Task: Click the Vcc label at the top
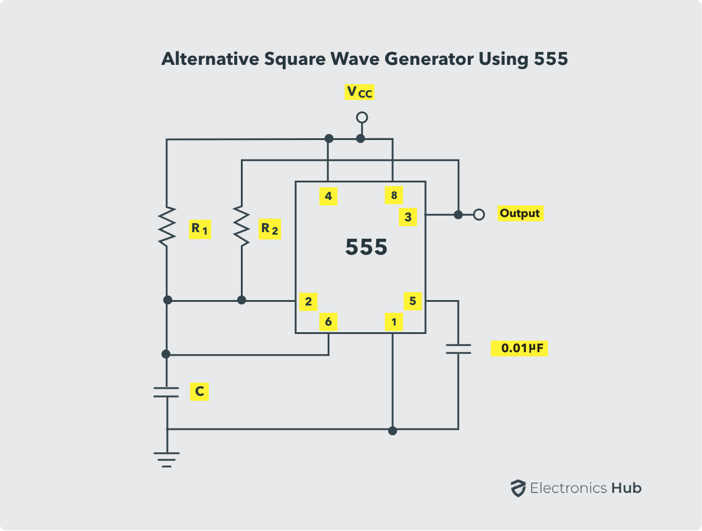tap(360, 92)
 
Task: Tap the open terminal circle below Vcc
tap(362, 118)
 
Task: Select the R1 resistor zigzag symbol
tap(166, 226)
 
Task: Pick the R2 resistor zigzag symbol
tap(241, 226)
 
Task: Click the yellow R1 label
tap(200, 229)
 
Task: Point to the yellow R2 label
tap(269, 229)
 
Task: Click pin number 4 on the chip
tap(328, 196)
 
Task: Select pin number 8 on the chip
tap(394, 195)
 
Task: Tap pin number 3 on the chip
tap(408, 217)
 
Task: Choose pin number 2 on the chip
tap(308, 301)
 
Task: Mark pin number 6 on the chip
tap(328, 322)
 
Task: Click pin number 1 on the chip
tap(394, 322)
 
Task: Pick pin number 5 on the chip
tap(413, 301)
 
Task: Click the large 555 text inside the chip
tap(366, 247)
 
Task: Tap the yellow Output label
tap(520, 213)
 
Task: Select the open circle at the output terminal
tap(479, 215)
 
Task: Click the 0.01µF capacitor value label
tap(519, 348)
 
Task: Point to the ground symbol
tap(166, 459)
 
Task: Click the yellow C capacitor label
tap(199, 392)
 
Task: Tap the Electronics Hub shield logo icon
tap(518, 489)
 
